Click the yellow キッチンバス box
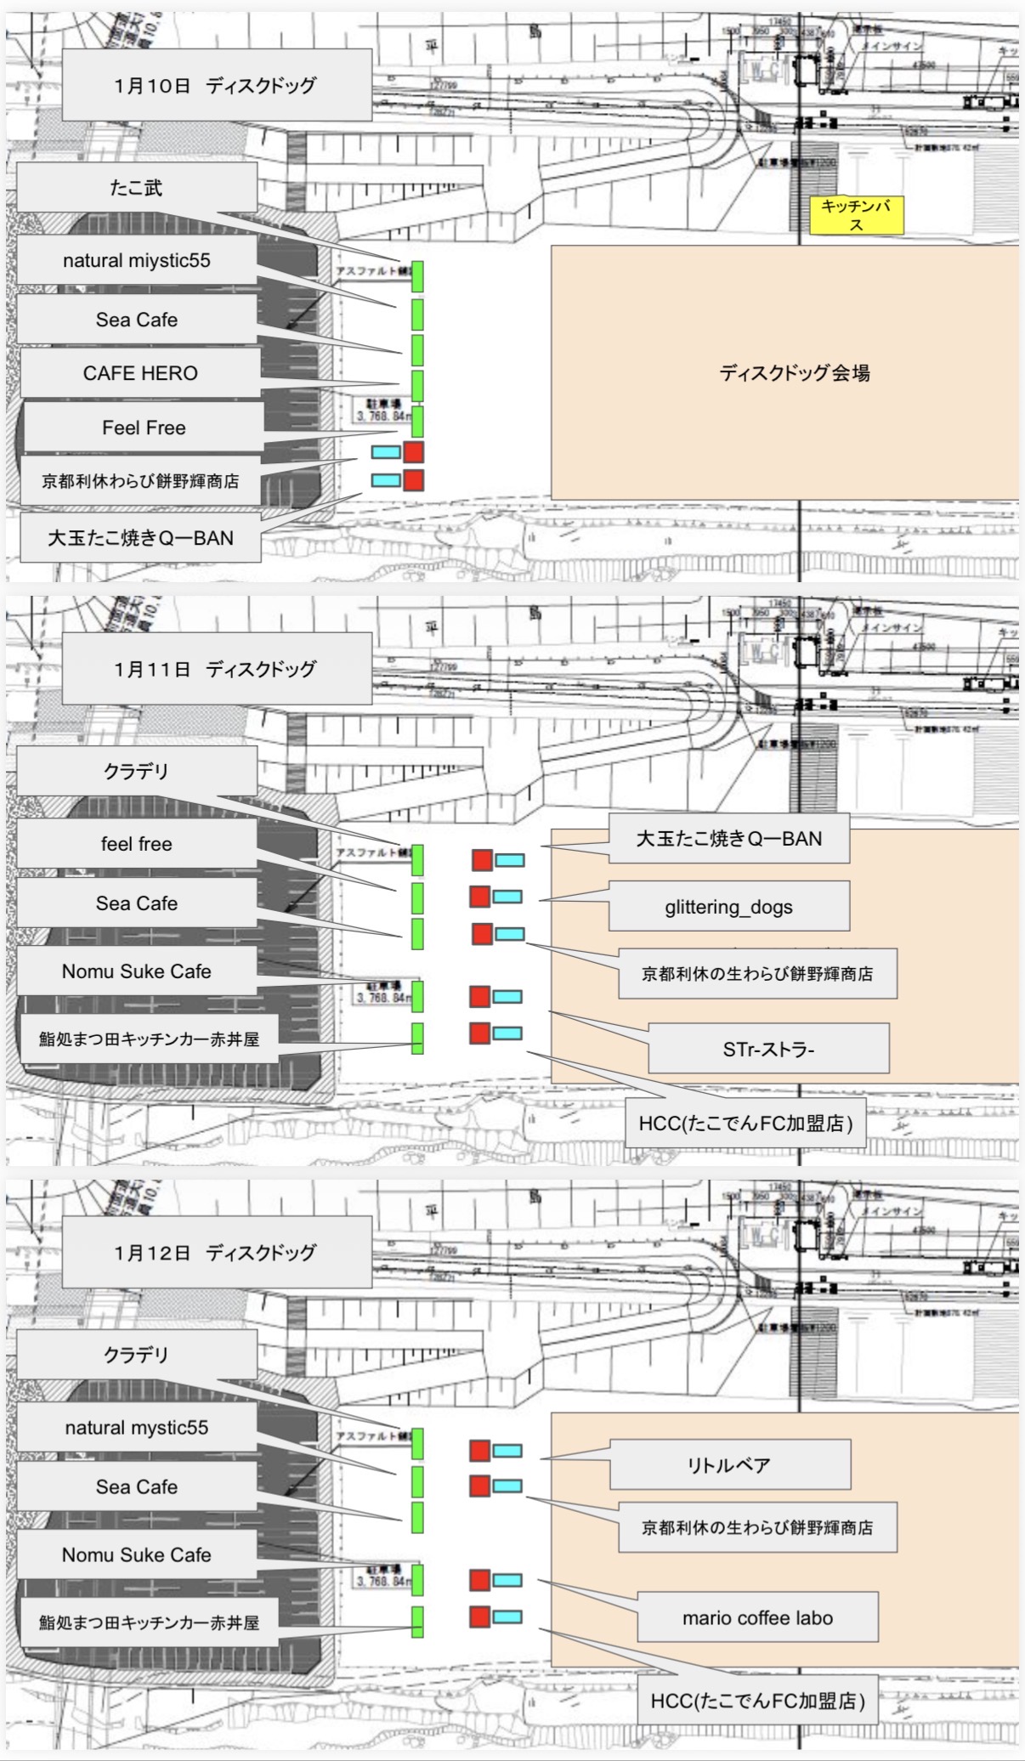(x=855, y=215)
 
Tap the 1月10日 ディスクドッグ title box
(x=216, y=85)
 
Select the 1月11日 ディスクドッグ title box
(x=216, y=669)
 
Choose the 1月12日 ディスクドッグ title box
(x=216, y=1252)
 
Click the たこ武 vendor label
(x=136, y=187)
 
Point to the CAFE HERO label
(x=140, y=373)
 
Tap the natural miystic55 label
(x=136, y=260)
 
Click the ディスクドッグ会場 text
(x=794, y=372)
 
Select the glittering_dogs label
(x=728, y=907)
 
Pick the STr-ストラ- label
(x=768, y=1049)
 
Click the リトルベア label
(x=729, y=1464)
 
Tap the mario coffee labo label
(x=756, y=1617)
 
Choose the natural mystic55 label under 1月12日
(x=136, y=1427)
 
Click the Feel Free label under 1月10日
(x=144, y=428)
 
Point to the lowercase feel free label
(x=136, y=844)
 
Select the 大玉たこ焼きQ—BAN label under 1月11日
(x=728, y=839)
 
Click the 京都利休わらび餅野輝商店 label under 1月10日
(x=140, y=481)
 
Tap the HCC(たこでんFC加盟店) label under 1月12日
(x=757, y=1701)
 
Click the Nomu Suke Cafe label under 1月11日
(x=136, y=971)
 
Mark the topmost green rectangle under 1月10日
(x=417, y=277)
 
